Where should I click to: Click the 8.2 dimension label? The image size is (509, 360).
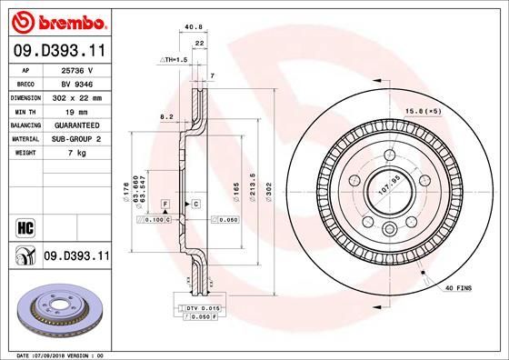tap(165, 117)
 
